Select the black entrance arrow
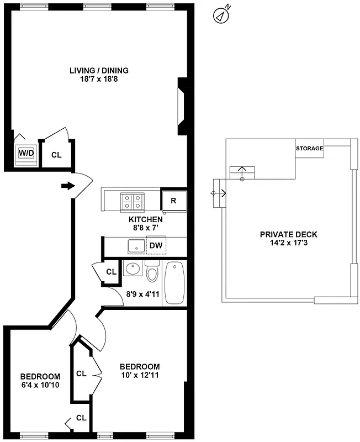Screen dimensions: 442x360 click(x=67, y=186)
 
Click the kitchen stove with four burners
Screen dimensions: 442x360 click(x=133, y=201)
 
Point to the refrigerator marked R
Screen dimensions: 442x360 click(x=173, y=201)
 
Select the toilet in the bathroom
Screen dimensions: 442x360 click(x=152, y=272)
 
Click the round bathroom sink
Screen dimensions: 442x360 click(x=132, y=270)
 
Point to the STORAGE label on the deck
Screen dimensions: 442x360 click(x=309, y=149)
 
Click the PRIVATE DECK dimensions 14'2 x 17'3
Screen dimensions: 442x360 click(x=288, y=242)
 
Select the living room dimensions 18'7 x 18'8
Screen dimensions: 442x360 click(x=99, y=79)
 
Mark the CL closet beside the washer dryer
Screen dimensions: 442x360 click(x=56, y=155)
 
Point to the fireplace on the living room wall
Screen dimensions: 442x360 click(x=180, y=106)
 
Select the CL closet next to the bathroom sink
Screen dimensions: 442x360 click(x=111, y=272)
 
